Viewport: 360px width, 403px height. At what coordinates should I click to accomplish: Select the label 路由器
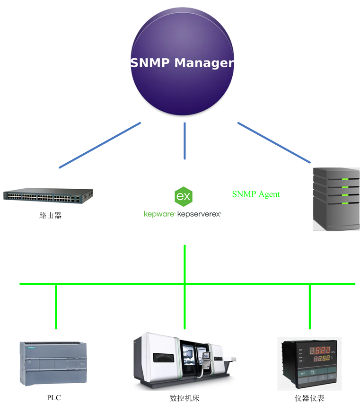[50, 216]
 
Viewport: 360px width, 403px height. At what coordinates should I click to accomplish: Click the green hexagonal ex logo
[183, 195]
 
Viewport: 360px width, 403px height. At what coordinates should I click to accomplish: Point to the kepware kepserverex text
[183, 214]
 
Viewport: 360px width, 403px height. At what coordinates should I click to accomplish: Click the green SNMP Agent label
[255, 194]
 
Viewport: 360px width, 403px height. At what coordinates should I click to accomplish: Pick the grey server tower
[336, 199]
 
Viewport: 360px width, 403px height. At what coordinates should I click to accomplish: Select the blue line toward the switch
[100, 145]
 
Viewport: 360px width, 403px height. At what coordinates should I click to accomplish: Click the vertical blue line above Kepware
[184, 141]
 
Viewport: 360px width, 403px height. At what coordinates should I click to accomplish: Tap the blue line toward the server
[274, 143]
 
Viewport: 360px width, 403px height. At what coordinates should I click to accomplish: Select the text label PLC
[54, 398]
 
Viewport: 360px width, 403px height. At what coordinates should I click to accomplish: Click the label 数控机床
[184, 398]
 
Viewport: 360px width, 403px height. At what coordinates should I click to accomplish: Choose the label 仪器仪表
[310, 398]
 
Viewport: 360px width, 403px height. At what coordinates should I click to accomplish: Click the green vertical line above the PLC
[56, 307]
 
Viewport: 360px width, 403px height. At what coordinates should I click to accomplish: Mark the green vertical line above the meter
[310, 307]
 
